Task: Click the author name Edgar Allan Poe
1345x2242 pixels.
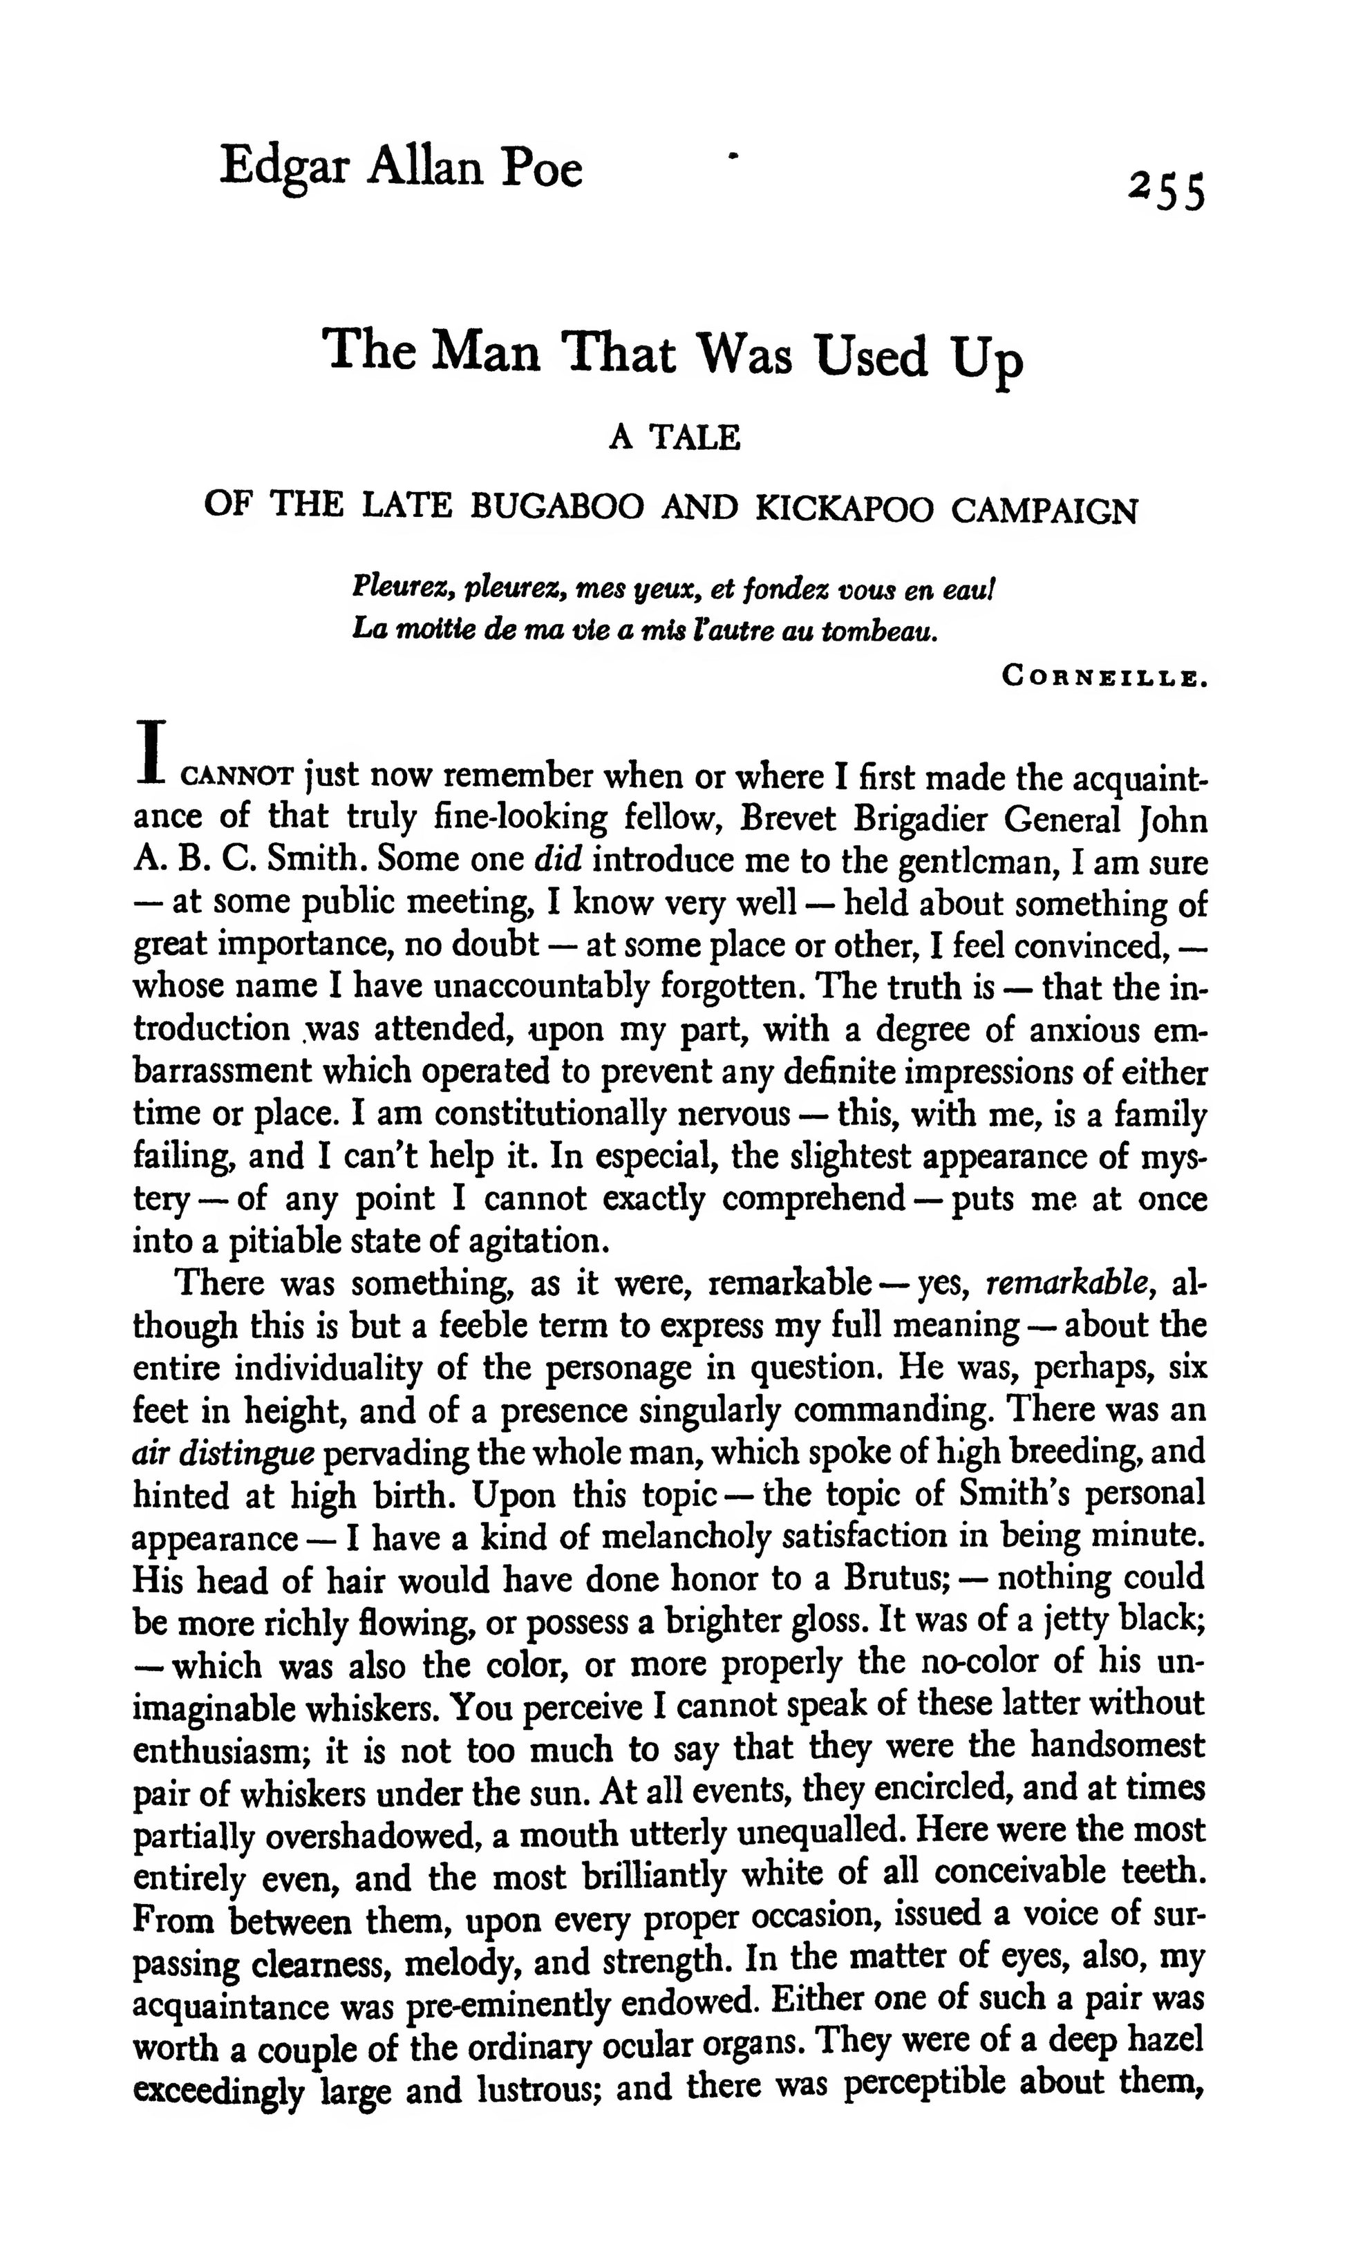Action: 401,169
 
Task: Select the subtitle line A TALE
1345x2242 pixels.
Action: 675,439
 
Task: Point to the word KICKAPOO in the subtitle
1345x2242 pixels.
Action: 843,509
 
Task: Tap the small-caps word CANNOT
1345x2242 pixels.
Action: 238,778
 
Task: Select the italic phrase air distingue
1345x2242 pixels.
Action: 223,1453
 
